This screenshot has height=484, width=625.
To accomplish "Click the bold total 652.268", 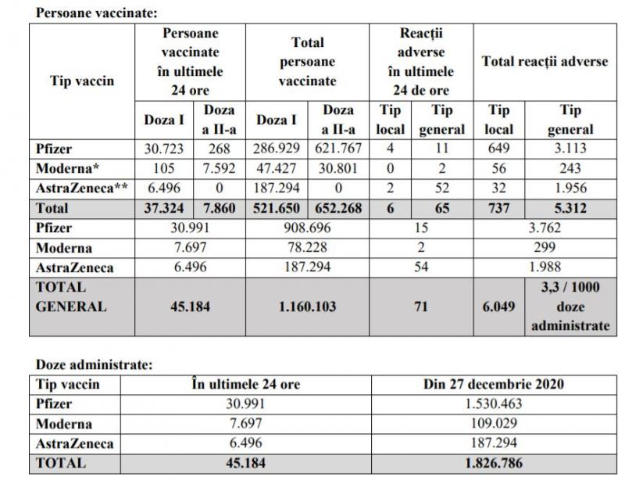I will point(338,209).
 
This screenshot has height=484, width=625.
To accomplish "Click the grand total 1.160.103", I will point(308,307).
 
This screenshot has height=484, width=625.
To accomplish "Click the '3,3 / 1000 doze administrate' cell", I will point(571,307).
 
